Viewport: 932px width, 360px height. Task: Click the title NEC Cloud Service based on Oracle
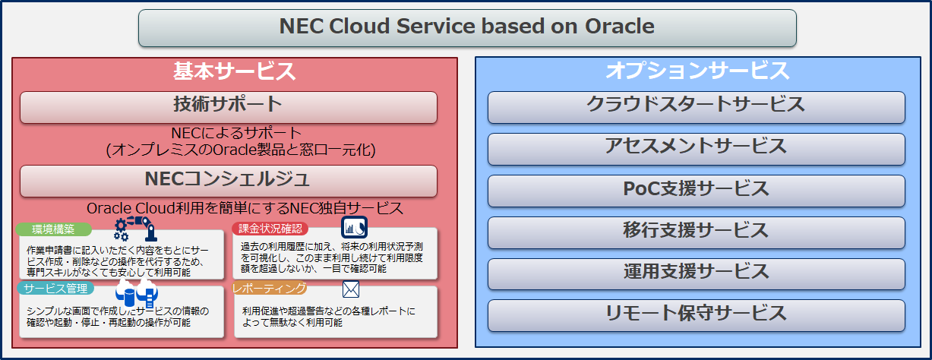pyautogui.click(x=466, y=27)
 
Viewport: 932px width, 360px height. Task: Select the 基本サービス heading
pyautogui.click(x=233, y=72)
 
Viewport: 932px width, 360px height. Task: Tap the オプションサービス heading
pyautogui.click(x=697, y=72)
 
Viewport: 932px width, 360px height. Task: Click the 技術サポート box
pyautogui.click(x=228, y=106)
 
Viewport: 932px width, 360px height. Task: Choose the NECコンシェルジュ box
pyautogui.click(x=228, y=181)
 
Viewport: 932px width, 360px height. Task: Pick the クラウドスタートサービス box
pyautogui.click(x=696, y=106)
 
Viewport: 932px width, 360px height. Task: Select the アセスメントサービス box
pyautogui.click(x=696, y=148)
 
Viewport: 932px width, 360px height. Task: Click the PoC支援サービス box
pyautogui.click(x=696, y=190)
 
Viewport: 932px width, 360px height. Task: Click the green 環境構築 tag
pyautogui.click(x=53, y=229)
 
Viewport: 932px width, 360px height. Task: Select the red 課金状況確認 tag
pyautogui.click(x=271, y=229)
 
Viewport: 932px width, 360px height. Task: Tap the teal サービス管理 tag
pyautogui.click(x=55, y=289)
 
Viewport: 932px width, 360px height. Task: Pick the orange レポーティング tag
pyautogui.click(x=270, y=288)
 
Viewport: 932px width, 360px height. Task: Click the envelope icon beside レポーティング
pyautogui.click(x=350, y=289)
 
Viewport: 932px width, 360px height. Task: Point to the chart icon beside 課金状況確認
pyautogui.click(x=355, y=227)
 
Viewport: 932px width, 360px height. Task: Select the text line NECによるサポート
pyautogui.click(x=236, y=132)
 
